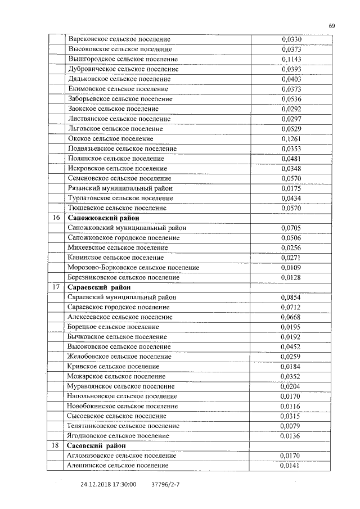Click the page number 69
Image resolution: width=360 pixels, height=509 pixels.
(x=332, y=25)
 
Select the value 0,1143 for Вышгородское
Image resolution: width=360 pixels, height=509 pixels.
(x=291, y=60)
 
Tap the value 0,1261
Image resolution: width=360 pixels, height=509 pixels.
(x=291, y=139)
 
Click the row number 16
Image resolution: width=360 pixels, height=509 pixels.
(x=56, y=218)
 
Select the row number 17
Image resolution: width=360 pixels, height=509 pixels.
(x=56, y=287)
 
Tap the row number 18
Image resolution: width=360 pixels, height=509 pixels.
(x=56, y=446)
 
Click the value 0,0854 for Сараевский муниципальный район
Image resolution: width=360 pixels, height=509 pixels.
(x=291, y=298)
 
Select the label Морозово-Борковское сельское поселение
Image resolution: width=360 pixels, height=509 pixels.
(x=133, y=268)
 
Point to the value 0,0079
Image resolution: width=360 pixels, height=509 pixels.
(x=291, y=426)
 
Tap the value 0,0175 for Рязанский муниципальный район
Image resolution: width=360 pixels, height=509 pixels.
(x=291, y=188)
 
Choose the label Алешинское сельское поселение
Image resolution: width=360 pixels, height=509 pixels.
(x=118, y=466)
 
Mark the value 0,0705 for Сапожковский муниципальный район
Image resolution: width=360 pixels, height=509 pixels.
(x=291, y=228)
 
